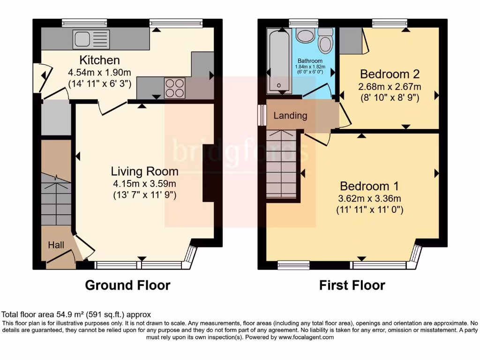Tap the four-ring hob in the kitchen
[x=174, y=87]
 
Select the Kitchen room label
[x=99, y=60]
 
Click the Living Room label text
[x=144, y=171]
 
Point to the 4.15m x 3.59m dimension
[x=144, y=183]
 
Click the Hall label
[x=56, y=245]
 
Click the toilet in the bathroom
[x=325, y=41]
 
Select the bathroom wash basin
[x=306, y=36]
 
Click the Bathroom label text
[x=310, y=61]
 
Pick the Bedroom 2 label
[x=390, y=74]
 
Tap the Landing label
[x=290, y=116]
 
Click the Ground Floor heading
[x=127, y=285]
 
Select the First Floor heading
[x=352, y=285]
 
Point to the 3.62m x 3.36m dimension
[x=369, y=198]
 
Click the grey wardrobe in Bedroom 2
[x=351, y=40]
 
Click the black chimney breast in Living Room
[x=208, y=173]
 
